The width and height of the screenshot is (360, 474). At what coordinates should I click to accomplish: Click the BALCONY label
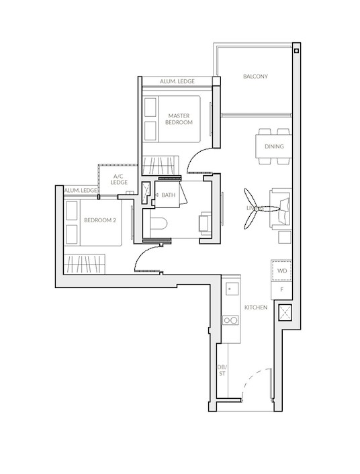[255, 77]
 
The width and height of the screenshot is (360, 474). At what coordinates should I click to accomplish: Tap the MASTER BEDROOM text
[179, 120]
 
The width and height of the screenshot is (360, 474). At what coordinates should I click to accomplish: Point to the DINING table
[273, 146]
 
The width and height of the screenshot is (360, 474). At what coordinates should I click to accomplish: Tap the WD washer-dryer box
[281, 271]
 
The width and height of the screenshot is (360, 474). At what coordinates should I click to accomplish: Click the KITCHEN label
[255, 307]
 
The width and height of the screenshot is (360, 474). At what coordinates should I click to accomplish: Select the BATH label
[168, 195]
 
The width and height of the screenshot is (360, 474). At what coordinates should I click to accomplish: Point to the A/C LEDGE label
[120, 179]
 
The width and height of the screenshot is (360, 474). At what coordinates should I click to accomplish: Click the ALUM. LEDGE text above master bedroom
[177, 81]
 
